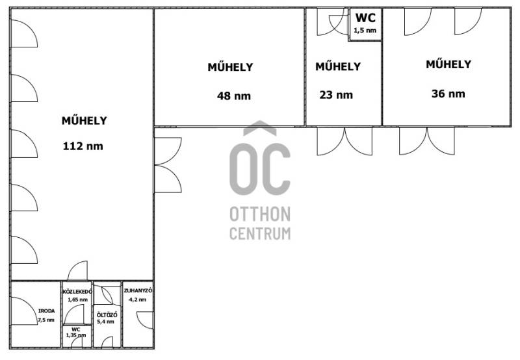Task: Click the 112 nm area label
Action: click(83, 146)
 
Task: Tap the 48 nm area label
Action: click(234, 96)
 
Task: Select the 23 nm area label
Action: click(336, 95)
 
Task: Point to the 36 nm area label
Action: click(448, 94)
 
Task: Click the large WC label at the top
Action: click(365, 18)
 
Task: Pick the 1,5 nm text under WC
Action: click(365, 31)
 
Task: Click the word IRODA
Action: click(46, 311)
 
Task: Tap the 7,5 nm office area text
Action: click(46, 320)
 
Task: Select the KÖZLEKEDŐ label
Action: click(77, 292)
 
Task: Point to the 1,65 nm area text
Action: click(77, 300)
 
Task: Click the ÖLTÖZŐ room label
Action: click(107, 315)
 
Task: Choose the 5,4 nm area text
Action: click(105, 322)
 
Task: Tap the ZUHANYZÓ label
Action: click(138, 290)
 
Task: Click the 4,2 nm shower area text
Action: click(137, 300)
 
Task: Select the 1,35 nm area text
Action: click(75, 335)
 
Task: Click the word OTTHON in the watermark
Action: click(260, 214)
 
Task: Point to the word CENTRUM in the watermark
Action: click(260, 233)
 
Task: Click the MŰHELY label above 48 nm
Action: click(230, 67)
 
